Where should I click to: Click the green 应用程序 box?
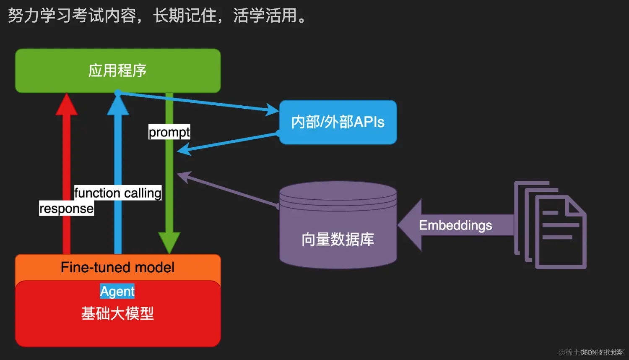coord(118,70)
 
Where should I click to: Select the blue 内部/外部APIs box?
coord(338,122)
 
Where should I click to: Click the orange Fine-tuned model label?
coord(117,267)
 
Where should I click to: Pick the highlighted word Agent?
coord(117,291)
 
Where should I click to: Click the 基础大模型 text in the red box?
coord(117,313)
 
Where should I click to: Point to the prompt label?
coord(169,132)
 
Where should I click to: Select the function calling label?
coord(118,193)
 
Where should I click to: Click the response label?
coord(66,209)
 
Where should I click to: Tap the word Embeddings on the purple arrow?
coord(455,225)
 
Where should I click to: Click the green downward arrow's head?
coord(169,242)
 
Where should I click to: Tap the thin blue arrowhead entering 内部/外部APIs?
coord(272,110)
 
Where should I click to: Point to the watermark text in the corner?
coord(591,352)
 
